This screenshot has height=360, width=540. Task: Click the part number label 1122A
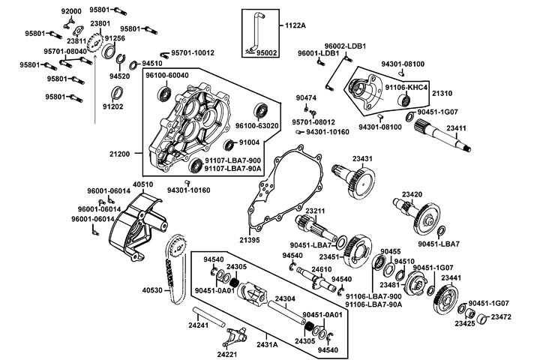tap(295, 26)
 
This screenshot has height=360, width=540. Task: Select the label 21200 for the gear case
tap(121, 154)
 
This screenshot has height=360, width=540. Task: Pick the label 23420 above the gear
tap(411, 194)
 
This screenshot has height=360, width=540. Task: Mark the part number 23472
tap(501, 317)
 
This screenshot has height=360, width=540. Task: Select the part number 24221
tap(227, 354)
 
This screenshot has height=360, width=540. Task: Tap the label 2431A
tap(268, 344)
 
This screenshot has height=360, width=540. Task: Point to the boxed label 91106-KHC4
tap(406, 88)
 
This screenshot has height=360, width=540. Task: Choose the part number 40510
tap(143, 184)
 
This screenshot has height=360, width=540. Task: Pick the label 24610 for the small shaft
tap(321, 268)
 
